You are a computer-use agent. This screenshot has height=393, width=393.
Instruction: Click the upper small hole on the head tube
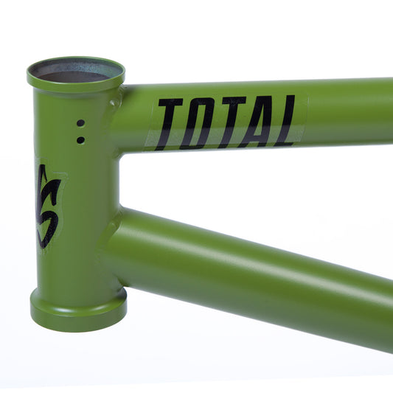80,124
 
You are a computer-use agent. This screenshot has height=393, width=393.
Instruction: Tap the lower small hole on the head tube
80,139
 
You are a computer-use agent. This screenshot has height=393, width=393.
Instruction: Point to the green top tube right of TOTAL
347,111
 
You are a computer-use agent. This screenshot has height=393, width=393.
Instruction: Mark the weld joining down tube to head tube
111,236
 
